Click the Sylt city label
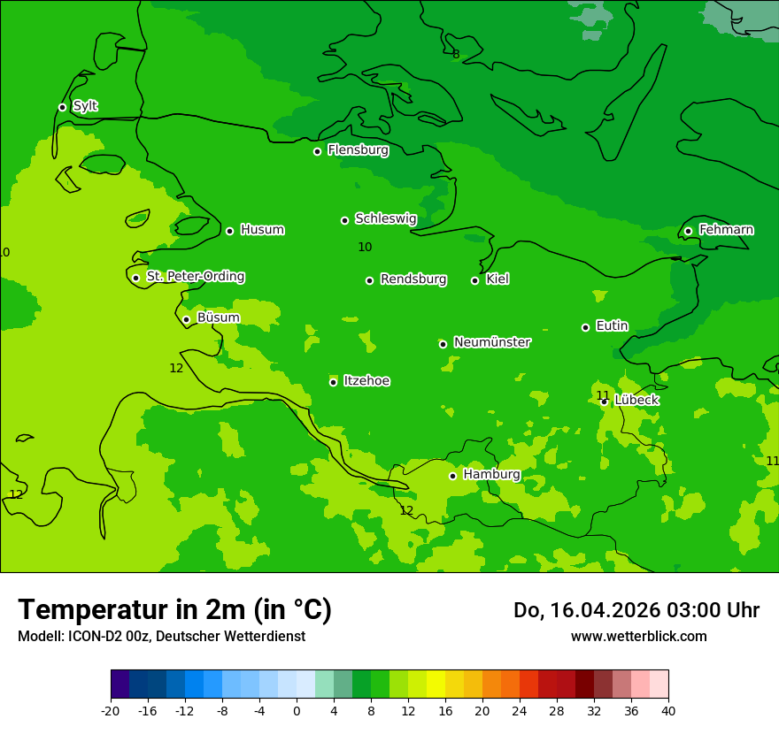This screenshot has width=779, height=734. tap(85, 106)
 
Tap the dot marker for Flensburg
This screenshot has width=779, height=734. tap(317, 151)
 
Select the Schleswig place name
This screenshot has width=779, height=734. tap(385, 218)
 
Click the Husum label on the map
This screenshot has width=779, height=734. tap(262, 230)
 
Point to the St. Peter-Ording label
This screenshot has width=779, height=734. tap(195, 277)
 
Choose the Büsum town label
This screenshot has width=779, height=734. tap(218, 317)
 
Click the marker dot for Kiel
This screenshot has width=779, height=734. tap(474, 280)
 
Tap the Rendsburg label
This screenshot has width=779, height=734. tap(413, 279)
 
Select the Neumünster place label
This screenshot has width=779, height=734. tap(492, 342)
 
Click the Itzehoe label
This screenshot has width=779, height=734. tap(366, 381)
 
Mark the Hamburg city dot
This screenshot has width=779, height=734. tap(452, 476)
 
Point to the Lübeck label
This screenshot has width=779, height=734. tap(636, 400)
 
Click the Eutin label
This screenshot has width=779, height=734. tap(612, 326)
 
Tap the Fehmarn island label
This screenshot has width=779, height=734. tap(726, 230)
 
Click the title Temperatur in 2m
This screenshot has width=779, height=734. tap(174, 609)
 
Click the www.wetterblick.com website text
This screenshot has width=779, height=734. tap(638, 636)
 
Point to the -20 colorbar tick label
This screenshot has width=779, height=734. tap(111, 710)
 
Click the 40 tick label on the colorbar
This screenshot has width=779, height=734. tap(668, 710)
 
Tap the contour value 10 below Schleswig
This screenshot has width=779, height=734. tap(365, 247)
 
